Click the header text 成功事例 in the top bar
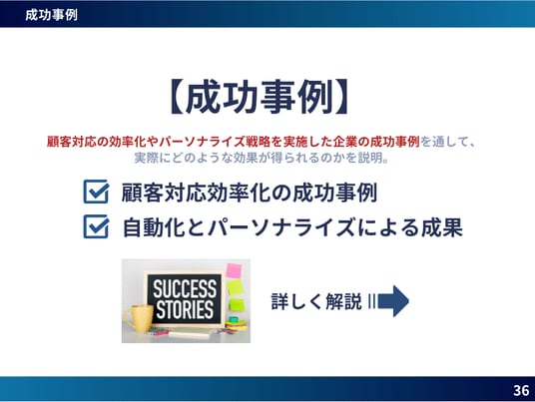point(51,15)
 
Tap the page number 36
point(521,390)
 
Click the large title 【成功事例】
point(259,97)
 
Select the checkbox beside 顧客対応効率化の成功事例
point(96,192)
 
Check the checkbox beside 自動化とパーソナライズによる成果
point(96,226)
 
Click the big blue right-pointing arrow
point(393,301)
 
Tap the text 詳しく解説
point(316,301)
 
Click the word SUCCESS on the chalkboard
point(185,288)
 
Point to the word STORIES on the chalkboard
point(185,309)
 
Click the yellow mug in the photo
point(139,319)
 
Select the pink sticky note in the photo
point(234,270)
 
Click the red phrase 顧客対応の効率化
point(96,142)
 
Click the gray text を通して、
point(448,142)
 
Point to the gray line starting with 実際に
point(262,158)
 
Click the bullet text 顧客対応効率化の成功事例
point(250,193)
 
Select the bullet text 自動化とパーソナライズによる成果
point(292,227)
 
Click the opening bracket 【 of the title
point(177,97)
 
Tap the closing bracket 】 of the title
point(340,97)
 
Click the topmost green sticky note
point(236,286)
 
